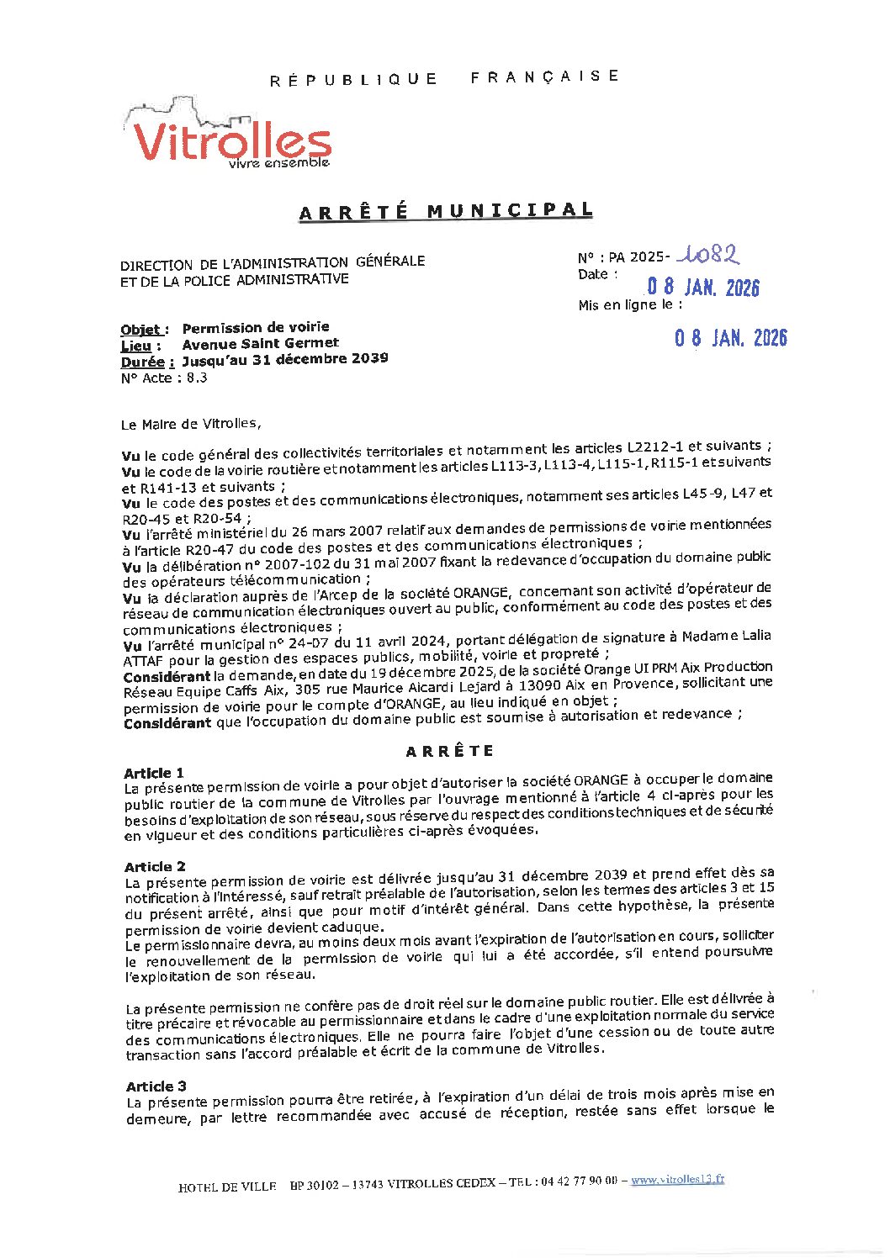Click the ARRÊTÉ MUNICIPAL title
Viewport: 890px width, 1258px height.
click(446, 210)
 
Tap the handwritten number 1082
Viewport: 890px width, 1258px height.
click(711, 254)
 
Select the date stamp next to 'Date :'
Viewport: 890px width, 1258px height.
click(702, 287)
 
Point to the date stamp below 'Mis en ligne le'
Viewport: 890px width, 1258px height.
click(730, 338)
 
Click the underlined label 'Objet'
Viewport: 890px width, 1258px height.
click(144, 329)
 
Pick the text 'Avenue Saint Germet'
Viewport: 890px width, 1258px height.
click(260, 343)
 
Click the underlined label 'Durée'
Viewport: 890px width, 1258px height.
click(147, 362)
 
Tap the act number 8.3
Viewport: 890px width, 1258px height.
click(197, 378)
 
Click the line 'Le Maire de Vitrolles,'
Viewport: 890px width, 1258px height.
click(191, 424)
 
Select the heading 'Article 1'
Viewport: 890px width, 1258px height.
click(154, 773)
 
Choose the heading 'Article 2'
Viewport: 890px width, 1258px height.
click(155, 866)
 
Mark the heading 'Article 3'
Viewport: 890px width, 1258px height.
click(156, 1086)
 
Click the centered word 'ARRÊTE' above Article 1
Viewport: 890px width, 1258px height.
click(450, 751)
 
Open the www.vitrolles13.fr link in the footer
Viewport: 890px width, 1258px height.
click(677, 1180)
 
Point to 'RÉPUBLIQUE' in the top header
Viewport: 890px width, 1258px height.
click(353, 80)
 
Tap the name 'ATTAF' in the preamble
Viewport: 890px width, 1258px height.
click(144, 661)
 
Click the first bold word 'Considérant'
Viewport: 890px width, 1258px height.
click(167, 677)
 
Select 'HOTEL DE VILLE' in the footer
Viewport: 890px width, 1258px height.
click(227, 1187)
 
